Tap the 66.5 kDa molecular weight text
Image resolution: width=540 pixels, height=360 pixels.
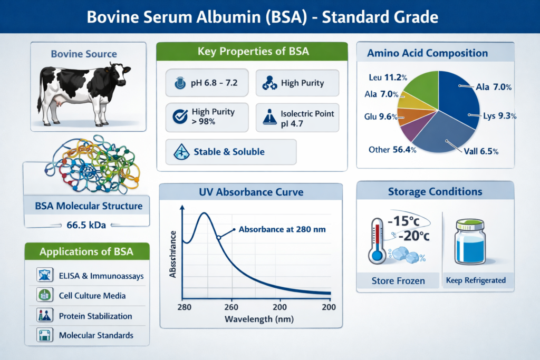pyautogui.click(x=86, y=225)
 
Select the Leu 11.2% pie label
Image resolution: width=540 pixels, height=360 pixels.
pyautogui.click(x=388, y=77)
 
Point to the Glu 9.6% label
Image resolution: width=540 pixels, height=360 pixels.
pyautogui.click(x=381, y=116)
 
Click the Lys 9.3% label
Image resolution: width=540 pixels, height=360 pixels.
pyautogui.click(x=499, y=116)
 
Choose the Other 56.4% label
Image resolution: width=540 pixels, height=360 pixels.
pyautogui.click(x=392, y=150)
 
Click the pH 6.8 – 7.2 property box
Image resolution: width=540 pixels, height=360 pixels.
pyautogui.click(x=207, y=83)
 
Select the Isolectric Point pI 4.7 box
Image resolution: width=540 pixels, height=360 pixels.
pyautogui.click(x=297, y=118)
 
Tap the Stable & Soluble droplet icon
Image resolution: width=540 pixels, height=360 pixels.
pyautogui.click(x=181, y=152)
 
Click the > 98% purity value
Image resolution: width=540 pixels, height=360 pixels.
pyautogui.click(x=204, y=122)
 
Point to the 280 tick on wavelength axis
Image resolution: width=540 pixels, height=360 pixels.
pyautogui.click(x=184, y=307)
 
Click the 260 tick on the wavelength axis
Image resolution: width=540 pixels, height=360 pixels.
pyautogui.click(x=232, y=307)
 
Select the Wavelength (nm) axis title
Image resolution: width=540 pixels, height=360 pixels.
pyautogui.click(x=259, y=319)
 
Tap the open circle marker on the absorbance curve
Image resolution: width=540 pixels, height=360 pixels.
pyautogui.click(x=218, y=238)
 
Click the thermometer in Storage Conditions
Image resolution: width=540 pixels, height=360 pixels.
pyautogui.click(x=377, y=240)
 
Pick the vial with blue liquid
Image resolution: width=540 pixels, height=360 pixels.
pyautogui.click(x=470, y=242)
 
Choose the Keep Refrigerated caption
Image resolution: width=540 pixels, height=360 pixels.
pyautogui.click(x=476, y=280)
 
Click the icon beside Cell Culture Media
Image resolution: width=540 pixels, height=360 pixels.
pyautogui.click(x=45, y=295)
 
